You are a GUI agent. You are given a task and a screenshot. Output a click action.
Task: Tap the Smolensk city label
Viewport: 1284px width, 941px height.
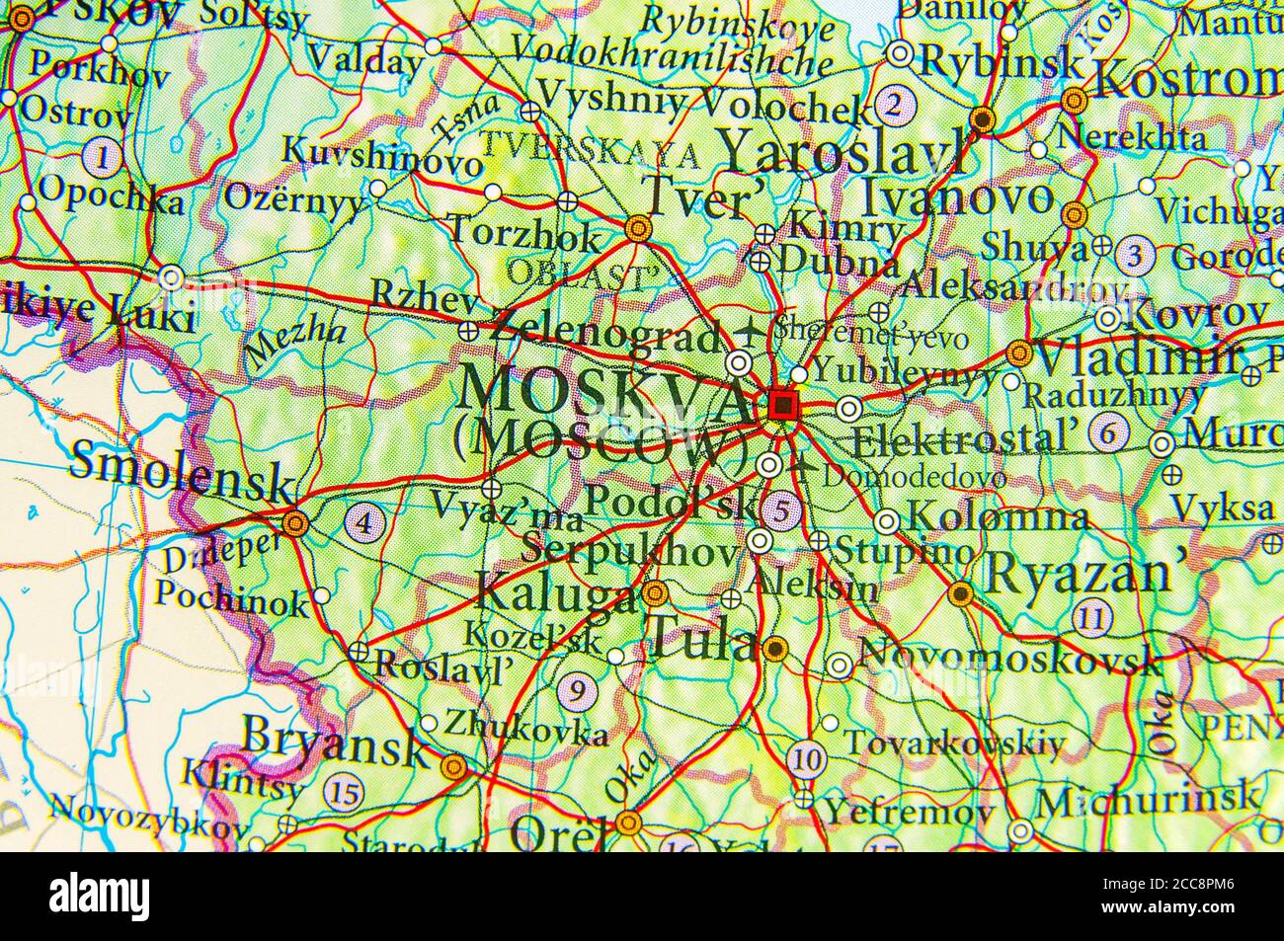(182, 470)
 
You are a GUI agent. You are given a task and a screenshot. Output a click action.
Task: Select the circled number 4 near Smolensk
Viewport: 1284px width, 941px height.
(364, 520)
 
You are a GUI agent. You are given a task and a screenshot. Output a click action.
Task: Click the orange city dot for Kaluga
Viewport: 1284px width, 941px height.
(654, 594)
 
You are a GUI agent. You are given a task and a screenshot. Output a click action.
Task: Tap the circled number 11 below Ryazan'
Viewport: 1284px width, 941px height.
(1092, 619)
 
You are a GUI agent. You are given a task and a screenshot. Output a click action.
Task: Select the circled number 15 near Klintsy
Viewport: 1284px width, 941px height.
(345, 791)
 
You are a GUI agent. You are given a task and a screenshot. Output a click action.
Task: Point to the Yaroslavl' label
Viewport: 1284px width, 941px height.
(845, 153)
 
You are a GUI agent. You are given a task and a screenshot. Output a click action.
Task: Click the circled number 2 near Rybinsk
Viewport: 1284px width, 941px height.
(894, 104)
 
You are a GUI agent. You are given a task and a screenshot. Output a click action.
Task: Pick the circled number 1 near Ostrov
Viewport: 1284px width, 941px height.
(102, 155)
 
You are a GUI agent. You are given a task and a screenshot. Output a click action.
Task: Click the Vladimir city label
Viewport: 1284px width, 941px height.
(1137, 357)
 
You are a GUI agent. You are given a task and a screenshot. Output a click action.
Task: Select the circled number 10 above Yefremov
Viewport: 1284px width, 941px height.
(807, 759)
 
